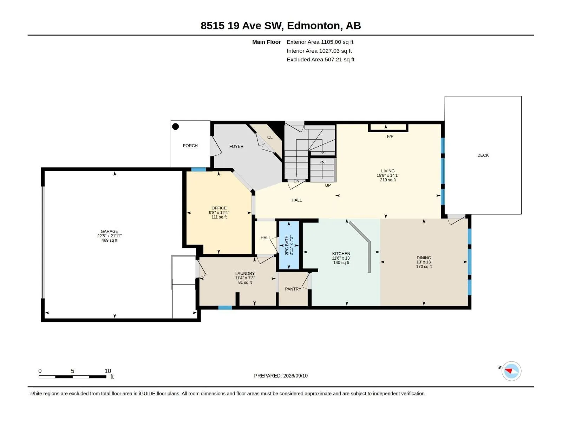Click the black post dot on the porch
click(175, 126)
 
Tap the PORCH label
click(190, 146)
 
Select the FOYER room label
click(236, 146)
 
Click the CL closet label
click(270, 137)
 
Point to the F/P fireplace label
click(390, 136)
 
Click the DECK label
click(483, 155)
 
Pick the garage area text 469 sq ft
click(109, 240)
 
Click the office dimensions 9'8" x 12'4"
click(219, 212)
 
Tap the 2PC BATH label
click(287, 245)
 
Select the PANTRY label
click(293, 289)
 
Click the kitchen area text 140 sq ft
click(341, 262)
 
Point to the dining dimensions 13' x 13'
click(424, 262)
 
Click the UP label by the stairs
click(328, 185)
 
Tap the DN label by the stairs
click(296, 181)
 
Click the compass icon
click(511, 370)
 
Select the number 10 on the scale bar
click(108, 370)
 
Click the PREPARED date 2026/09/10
click(295, 375)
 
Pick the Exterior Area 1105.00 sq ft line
click(320, 42)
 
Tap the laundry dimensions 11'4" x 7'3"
click(245, 278)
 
